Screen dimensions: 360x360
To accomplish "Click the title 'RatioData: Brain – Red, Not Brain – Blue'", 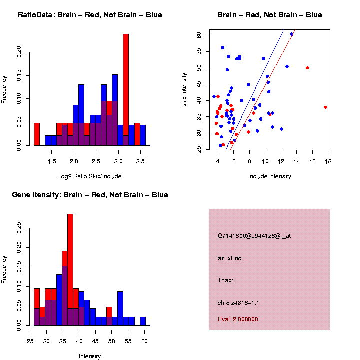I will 90,15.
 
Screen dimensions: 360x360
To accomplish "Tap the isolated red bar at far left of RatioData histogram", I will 37,134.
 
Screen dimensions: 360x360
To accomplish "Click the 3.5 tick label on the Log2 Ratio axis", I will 140,161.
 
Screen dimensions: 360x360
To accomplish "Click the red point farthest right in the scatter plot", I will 326,107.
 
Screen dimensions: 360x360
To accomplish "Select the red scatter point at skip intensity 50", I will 307,68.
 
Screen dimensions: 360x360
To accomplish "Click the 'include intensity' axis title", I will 269,176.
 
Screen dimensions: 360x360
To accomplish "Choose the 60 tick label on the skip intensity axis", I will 199,35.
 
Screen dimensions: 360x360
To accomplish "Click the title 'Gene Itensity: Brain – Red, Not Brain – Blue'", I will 90,195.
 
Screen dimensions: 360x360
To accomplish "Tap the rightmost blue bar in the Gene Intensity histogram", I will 143,321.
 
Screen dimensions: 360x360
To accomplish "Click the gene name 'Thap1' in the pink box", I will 226,280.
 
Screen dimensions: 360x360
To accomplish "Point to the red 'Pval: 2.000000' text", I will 238,319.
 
